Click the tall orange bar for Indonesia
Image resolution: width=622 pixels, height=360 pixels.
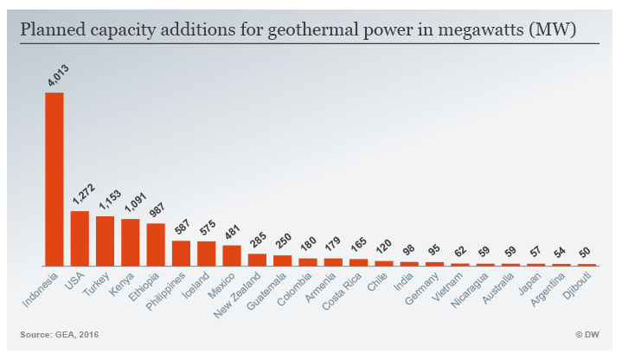55,178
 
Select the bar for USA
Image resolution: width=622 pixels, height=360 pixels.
80,238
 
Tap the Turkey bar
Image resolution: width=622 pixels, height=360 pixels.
105,241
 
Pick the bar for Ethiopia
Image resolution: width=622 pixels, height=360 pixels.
156,244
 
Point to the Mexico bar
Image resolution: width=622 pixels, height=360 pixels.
232,255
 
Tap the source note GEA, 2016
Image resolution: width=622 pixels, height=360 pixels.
77,333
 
